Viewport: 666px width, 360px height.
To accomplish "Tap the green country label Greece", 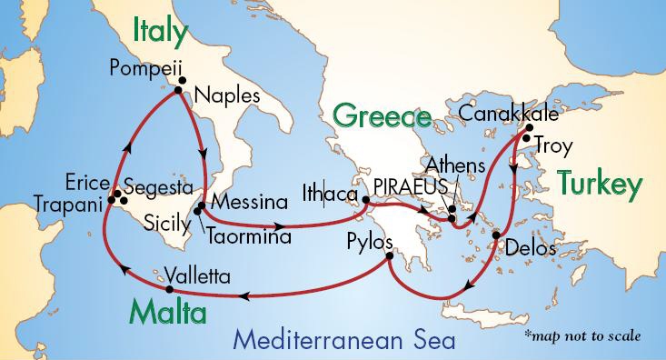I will click(x=381, y=116).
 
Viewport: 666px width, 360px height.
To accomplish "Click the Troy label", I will click(x=553, y=145).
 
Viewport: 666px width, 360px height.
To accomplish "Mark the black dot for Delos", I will click(x=496, y=236).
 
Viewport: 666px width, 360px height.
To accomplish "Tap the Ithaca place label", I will click(x=330, y=193).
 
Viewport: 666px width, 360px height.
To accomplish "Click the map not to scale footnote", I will click(x=582, y=335).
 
